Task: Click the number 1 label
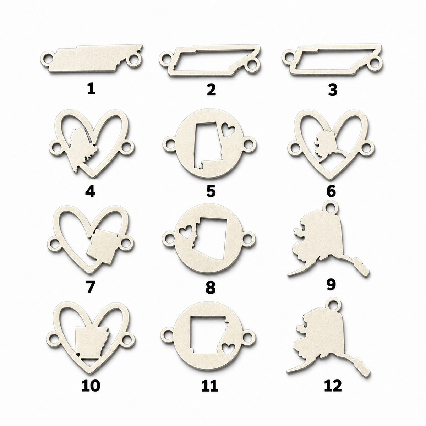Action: pyautogui.click(x=91, y=90)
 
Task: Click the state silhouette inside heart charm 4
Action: pyautogui.click(x=83, y=150)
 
